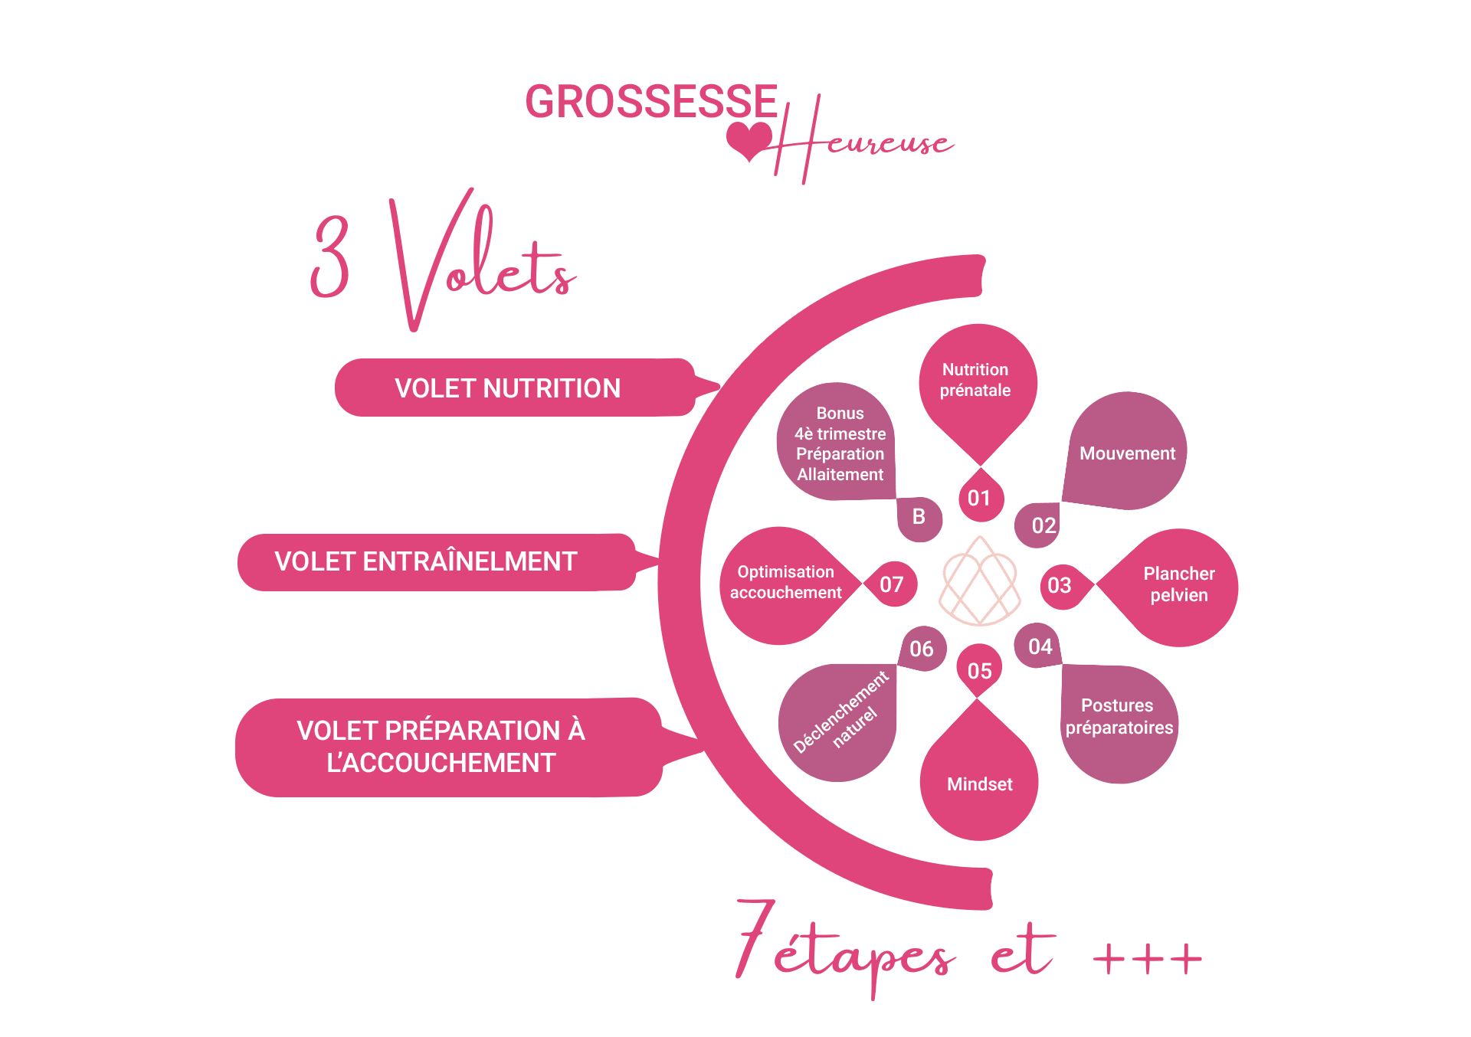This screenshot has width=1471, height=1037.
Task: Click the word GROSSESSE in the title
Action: click(x=651, y=103)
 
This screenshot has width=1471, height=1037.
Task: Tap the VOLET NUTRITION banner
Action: click(x=509, y=388)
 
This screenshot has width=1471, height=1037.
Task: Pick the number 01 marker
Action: click(x=979, y=499)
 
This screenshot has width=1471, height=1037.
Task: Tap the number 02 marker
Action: click(x=1043, y=525)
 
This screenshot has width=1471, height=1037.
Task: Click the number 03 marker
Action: click(x=1060, y=586)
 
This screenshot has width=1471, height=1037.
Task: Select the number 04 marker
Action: click(x=1040, y=646)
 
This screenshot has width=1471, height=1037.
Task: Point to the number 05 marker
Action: click(x=979, y=671)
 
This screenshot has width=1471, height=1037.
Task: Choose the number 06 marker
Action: click(x=922, y=649)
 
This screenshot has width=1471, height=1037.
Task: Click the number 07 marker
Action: click(x=892, y=584)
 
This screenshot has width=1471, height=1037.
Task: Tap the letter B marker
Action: click(x=919, y=518)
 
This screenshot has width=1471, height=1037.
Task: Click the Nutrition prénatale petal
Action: click(x=976, y=381)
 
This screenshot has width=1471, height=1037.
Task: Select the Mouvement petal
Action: click(x=1127, y=453)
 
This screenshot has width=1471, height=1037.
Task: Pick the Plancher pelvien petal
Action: click(x=1178, y=585)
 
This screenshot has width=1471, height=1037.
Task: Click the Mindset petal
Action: click(x=979, y=784)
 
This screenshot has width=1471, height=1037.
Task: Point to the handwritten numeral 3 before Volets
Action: click(x=331, y=257)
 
